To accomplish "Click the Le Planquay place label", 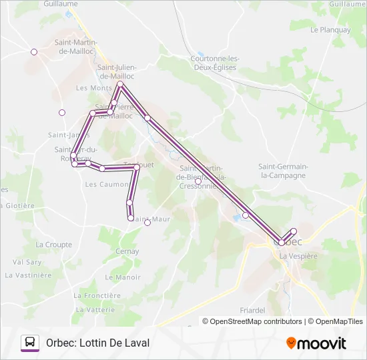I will (330, 30).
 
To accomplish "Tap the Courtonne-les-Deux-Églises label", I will (215, 63).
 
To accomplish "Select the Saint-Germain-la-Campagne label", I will (282, 171).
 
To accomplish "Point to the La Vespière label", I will (298, 256).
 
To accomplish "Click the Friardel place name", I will (253, 310).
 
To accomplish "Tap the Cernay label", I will (127, 251).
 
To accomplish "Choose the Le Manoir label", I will (123, 277).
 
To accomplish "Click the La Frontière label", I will (98, 295).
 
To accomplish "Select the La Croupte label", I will (54, 245).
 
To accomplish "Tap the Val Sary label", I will (27, 262).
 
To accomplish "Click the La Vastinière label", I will (28, 275).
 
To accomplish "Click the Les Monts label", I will (94, 88).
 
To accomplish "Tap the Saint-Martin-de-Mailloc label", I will (75, 47).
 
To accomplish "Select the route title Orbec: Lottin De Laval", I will (97, 343).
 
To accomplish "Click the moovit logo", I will (316, 343).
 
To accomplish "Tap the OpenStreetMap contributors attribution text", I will (252, 321).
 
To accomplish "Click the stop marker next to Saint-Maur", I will (147, 223).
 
